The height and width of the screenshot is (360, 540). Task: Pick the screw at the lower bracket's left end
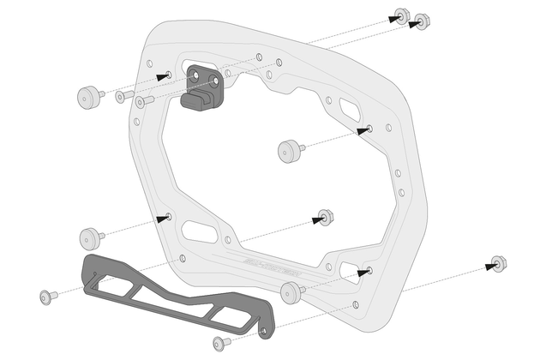(47, 297)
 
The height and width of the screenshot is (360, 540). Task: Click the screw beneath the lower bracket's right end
(220, 343)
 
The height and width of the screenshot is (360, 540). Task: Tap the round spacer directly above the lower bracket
(90, 237)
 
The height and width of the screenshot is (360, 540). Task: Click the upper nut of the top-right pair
(401, 15)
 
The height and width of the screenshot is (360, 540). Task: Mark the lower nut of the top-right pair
(423, 21)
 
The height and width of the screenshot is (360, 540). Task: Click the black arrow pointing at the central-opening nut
(319, 220)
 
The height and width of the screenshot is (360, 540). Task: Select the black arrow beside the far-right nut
(491, 267)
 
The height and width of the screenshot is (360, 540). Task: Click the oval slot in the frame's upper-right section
(351, 111)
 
